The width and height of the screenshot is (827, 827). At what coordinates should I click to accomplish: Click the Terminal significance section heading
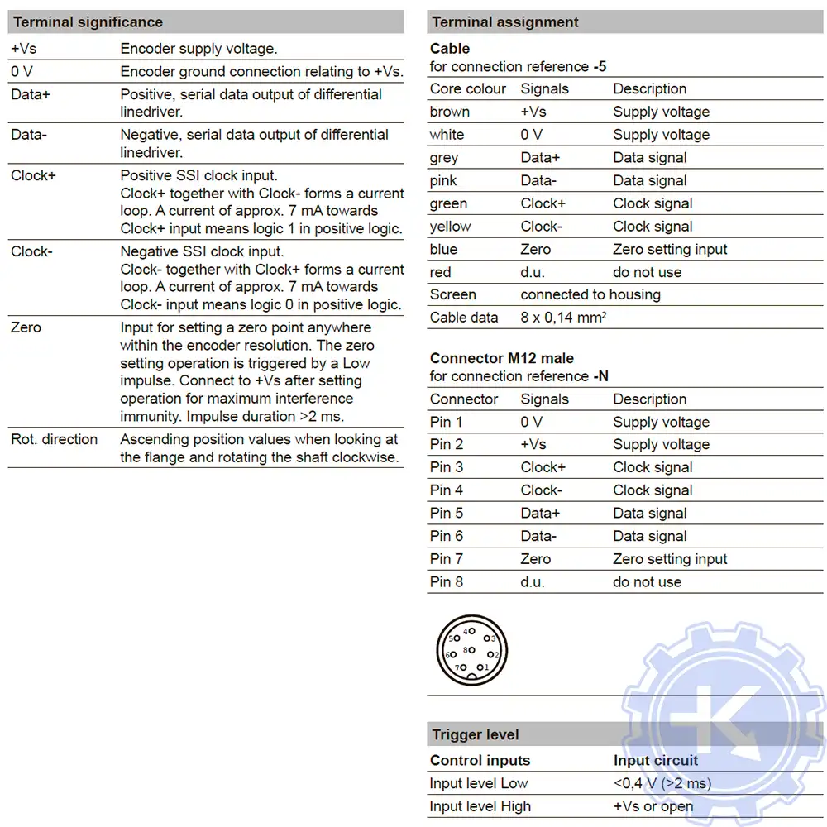tap(88, 22)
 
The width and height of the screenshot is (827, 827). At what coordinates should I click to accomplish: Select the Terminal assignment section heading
tap(505, 22)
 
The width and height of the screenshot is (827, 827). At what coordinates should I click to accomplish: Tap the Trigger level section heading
tap(476, 734)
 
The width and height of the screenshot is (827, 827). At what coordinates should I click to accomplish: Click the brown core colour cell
tap(450, 112)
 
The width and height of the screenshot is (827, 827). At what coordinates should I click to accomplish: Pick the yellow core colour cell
tap(451, 227)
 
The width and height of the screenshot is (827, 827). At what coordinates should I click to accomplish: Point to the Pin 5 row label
tap(447, 513)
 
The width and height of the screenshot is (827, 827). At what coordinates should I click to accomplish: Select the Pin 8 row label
tap(447, 581)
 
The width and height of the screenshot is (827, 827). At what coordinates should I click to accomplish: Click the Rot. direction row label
tap(55, 439)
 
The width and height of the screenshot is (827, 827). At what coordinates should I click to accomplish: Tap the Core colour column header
tap(468, 88)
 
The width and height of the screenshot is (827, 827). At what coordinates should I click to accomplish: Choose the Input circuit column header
tap(656, 761)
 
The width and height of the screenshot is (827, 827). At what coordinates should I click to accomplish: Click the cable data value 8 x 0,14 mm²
tap(565, 318)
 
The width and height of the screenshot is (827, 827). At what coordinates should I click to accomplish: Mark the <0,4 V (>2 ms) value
tap(662, 783)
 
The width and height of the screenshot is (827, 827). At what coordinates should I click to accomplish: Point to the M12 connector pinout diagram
tap(471, 650)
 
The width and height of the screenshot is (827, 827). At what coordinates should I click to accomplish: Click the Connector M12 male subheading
tap(502, 358)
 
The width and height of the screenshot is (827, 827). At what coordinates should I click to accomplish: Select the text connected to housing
tap(590, 294)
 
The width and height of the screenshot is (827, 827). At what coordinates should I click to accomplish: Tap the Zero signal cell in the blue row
tap(535, 249)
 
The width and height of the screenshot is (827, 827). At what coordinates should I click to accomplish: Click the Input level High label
tap(480, 806)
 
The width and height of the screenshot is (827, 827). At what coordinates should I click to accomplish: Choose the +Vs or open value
tap(653, 806)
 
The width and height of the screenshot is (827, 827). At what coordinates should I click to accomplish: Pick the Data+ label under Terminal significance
tap(31, 95)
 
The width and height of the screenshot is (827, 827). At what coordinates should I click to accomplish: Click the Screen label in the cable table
tap(453, 294)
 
